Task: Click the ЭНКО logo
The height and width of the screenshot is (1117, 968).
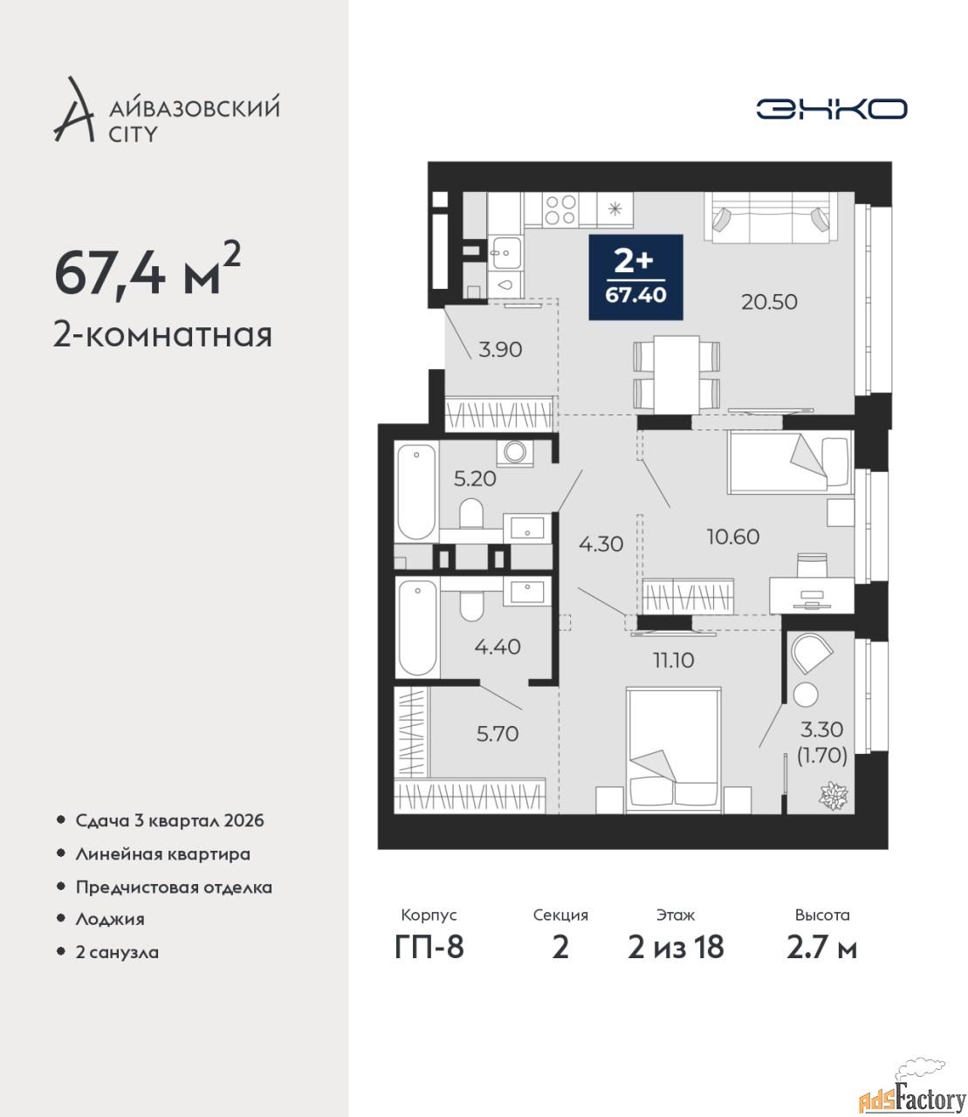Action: (831, 108)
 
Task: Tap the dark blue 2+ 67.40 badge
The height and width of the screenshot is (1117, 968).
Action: (635, 277)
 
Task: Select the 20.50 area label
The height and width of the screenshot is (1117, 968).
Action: (769, 302)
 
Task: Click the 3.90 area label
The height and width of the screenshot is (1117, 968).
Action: (500, 350)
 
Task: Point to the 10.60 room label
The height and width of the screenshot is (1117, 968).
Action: (733, 537)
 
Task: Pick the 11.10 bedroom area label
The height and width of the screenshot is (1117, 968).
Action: (674, 660)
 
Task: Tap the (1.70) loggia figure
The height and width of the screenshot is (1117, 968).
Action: (822, 756)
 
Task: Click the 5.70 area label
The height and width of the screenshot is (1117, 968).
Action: (498, 734)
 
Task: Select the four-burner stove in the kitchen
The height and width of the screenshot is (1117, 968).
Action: (560, 209)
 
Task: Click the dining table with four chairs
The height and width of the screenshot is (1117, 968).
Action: (676, 373)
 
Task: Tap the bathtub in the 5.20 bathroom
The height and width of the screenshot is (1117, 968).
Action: (416, 491)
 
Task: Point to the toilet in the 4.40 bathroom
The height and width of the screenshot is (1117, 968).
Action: (472, 606)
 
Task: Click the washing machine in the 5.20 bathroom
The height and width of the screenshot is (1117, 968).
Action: (514, 452)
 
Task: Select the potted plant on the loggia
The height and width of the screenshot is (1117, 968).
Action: (834, 795)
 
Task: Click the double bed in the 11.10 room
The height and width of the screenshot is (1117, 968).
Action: (674, 749)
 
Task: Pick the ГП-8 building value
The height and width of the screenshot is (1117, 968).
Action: (429, 947)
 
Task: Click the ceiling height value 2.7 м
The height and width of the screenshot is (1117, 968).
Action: (821, 947)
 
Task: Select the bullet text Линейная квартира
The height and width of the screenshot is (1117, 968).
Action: (162, 854)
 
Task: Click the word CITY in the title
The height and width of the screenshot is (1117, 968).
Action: (133, 134)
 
